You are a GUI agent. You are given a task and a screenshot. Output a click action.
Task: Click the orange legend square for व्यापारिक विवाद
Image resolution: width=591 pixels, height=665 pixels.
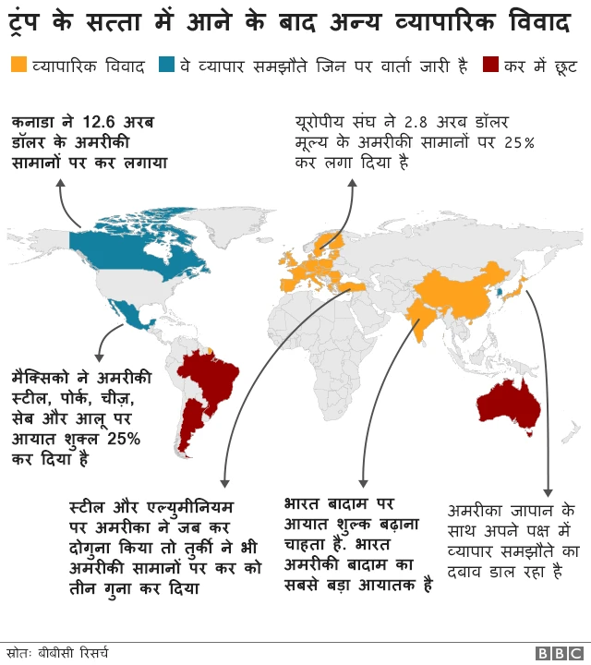(18, 66)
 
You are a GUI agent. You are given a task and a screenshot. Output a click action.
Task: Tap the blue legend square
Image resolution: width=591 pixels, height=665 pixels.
(167, 66)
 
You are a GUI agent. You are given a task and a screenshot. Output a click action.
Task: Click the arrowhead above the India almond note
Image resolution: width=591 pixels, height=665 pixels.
(363, 482)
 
